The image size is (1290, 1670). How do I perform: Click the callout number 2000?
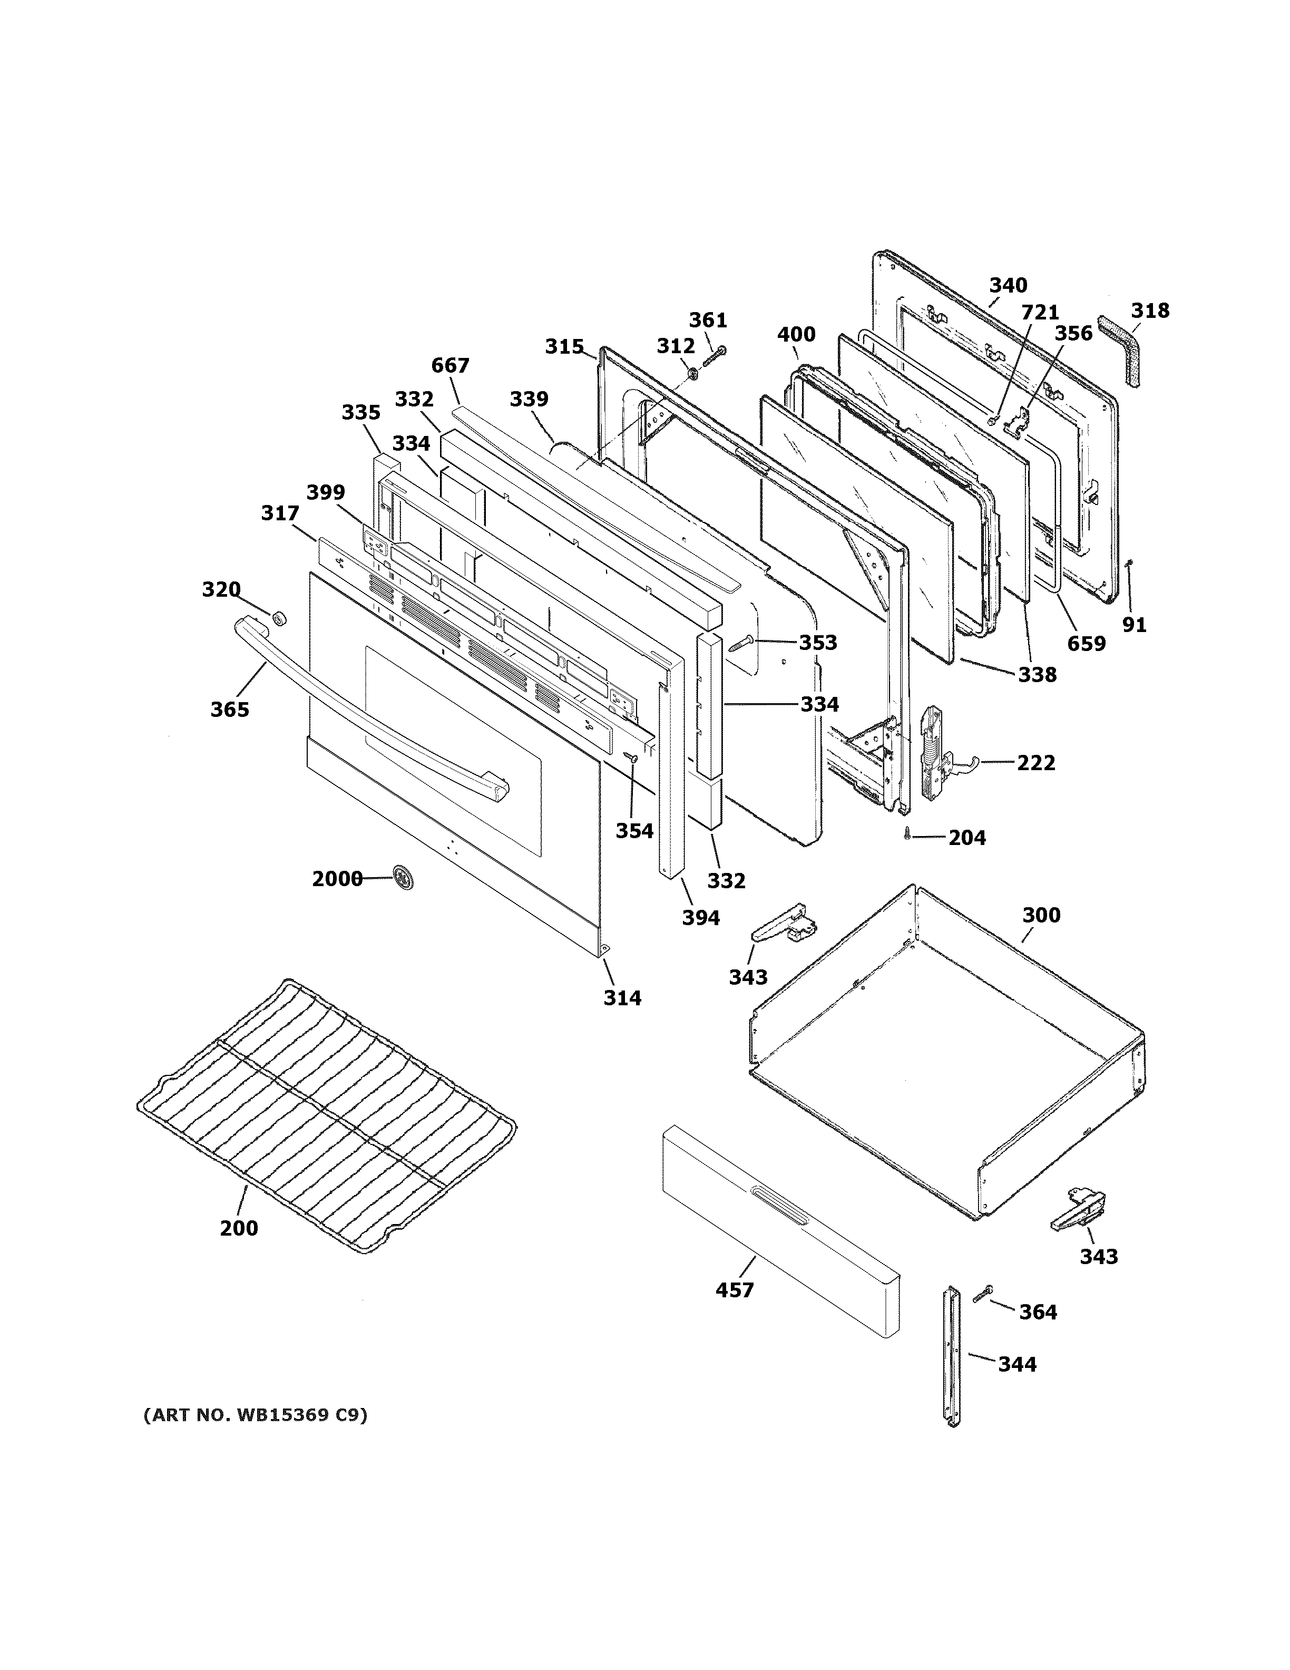336,879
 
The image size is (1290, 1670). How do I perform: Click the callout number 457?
735,1290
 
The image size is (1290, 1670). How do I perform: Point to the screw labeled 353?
742,643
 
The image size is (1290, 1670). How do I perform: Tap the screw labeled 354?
632,757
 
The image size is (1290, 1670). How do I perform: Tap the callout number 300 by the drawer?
1041,915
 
